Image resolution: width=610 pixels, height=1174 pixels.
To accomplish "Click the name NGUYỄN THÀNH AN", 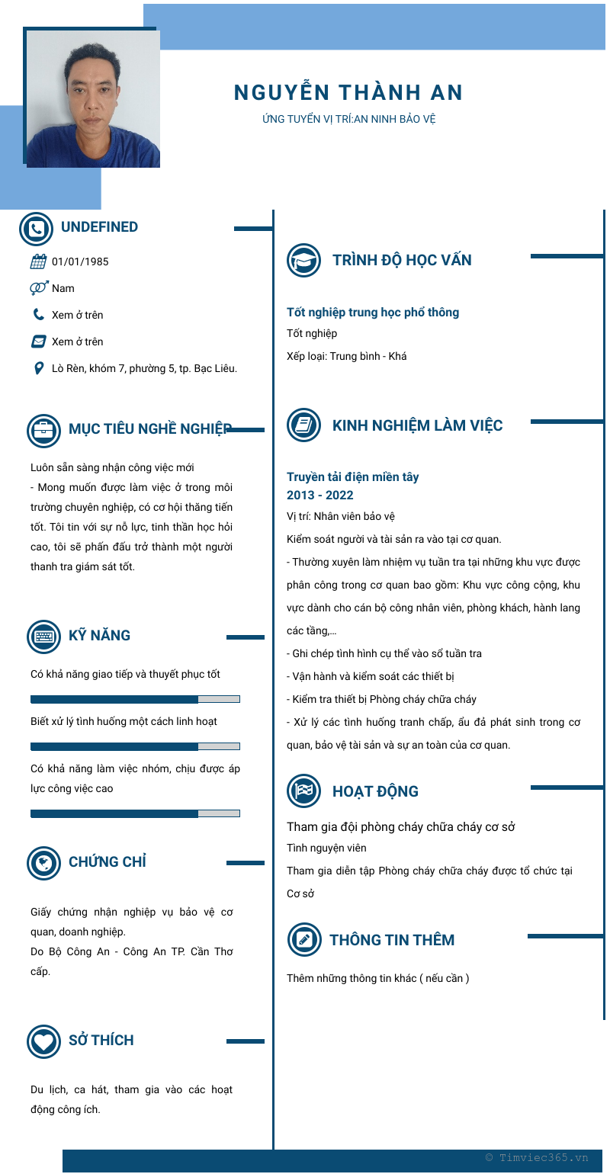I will [348, 93].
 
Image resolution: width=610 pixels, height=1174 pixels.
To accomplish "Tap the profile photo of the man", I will [92, 98].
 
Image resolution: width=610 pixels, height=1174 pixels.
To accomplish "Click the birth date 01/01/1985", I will [80, 261].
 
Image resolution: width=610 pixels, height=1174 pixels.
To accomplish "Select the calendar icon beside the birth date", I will [38, 261].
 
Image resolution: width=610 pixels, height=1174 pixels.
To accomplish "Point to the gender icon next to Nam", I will [39, 288].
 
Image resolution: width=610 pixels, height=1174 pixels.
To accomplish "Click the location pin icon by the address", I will [39, 368].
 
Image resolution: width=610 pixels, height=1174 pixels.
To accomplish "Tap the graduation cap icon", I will [303, 260].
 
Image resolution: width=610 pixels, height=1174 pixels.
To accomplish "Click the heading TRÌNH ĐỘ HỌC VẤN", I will [402, 260].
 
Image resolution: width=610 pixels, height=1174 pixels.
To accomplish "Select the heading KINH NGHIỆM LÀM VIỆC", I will [417, 425].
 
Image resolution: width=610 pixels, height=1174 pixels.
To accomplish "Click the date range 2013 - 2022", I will [320, 495].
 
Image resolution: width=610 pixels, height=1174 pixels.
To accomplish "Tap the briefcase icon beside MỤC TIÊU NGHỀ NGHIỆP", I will [44, 430].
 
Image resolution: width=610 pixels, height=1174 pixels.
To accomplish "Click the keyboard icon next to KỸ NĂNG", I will [44, 637].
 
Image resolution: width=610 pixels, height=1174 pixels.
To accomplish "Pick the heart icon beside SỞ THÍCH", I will [44, 1041].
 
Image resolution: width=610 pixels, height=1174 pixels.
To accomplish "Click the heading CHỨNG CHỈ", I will [108, 862].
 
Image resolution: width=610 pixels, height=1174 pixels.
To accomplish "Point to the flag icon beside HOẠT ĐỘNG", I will [303, 791].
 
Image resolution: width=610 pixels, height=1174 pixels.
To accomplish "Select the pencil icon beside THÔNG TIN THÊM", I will [303, 939].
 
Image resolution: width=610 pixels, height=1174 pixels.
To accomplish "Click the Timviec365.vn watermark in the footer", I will [537, 1157].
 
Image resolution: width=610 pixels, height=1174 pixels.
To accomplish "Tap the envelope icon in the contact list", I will [39, 342].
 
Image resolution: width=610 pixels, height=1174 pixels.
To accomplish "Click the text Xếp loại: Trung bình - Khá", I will [347, 356].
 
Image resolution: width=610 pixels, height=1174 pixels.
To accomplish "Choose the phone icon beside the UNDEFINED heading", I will [36, 228].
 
